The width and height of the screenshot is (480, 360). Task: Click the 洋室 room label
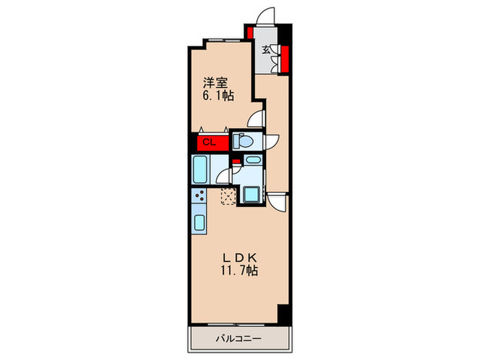215,83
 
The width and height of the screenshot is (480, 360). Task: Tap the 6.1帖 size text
218,96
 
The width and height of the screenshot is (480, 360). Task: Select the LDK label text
239,258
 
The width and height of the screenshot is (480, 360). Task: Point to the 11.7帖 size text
239,271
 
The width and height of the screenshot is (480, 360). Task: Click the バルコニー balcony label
239,339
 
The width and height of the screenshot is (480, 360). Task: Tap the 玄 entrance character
266,49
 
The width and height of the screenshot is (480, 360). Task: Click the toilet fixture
243,141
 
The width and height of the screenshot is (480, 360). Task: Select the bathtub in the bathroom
200,169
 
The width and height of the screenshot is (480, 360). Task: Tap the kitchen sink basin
200,223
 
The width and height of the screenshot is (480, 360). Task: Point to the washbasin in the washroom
254,160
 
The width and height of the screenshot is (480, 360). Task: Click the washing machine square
252,194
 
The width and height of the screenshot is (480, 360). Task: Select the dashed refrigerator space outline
228,197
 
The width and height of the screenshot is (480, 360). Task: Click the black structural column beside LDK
283,314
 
